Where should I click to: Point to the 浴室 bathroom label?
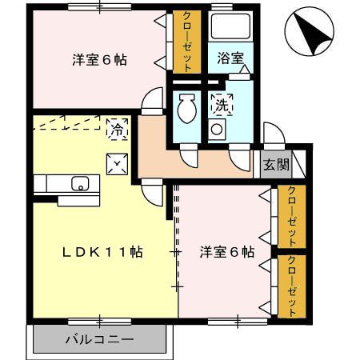pos(231,58)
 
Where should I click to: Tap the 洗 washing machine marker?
pos(219,103)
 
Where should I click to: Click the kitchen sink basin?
pos(80,183)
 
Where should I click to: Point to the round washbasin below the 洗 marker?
pos(217,129)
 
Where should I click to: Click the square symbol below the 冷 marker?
pos(117,164)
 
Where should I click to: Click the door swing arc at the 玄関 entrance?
pos(270,134)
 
